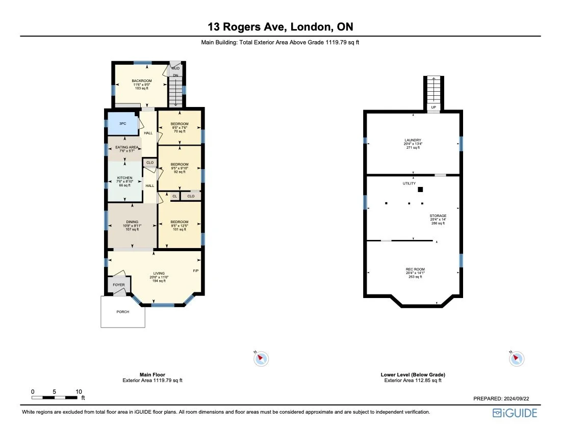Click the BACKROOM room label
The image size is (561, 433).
tap(141, 81)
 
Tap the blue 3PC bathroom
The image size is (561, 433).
tap(122, 124)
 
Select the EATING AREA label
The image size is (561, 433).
tap(126, 147)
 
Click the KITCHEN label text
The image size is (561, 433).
tap(125, 178)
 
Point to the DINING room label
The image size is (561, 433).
tap(132, 222)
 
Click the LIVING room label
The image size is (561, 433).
tap(158, 273)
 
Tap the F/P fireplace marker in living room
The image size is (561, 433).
tap(195, 270)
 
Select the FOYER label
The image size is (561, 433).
tap(118, 285)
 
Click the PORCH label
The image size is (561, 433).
tap(123, 312)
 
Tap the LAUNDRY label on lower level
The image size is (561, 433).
tap(413, 140)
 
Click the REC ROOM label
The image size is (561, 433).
tap(415, 269)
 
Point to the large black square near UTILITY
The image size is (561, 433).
tap(420, 190)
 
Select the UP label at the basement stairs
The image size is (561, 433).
tap(433, 107)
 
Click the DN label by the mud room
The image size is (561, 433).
tap(175, 75)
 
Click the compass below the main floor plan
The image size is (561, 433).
tap(261, 358)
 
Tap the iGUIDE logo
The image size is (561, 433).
tap(515, 413)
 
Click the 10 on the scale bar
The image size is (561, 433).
tap(79, 391)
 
